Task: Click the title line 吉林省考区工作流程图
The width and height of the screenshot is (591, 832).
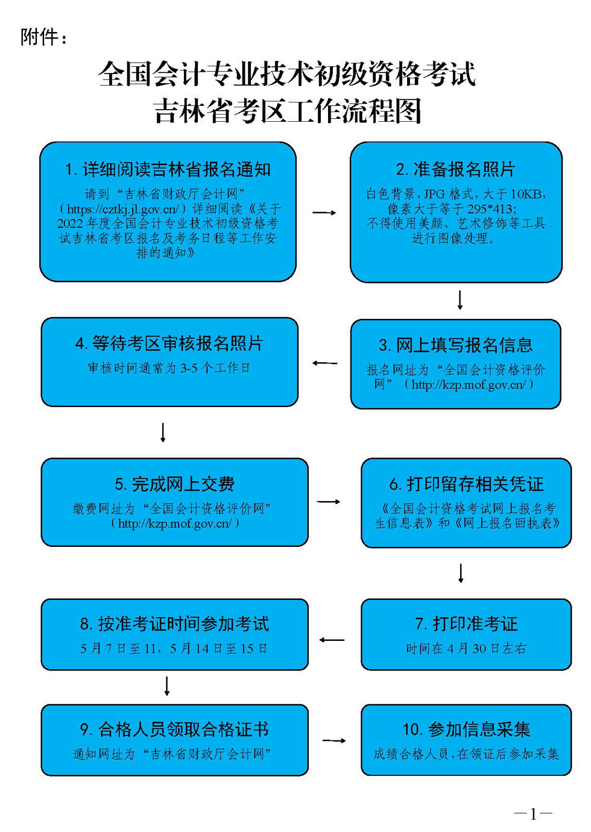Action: coord(287,112)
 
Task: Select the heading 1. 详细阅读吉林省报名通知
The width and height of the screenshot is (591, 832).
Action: coord(168,169)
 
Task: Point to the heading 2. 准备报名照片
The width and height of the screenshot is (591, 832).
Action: coord(455,169)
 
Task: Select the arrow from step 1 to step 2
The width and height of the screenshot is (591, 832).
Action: coord(324,213)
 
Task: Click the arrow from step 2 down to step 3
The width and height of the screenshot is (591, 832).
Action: coord(460,300)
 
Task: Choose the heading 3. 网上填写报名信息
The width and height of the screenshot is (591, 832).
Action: coord(455,345)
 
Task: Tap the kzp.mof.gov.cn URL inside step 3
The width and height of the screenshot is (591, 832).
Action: coord(468,385)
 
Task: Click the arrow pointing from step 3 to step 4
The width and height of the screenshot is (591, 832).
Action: coord(324,364)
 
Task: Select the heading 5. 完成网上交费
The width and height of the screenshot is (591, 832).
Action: coord(174,484)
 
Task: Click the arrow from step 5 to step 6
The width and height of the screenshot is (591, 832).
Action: coord(329,502)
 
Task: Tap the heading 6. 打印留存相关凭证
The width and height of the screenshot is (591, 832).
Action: coord(466,484)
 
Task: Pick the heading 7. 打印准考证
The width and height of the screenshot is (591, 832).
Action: coord(466,624)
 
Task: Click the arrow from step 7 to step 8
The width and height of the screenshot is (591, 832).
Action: coord(332,640)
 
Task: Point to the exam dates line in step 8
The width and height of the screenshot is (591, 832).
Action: coord(174,649)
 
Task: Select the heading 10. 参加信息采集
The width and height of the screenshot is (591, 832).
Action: coord(466,730)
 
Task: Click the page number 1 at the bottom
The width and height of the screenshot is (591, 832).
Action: coord(533,814)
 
